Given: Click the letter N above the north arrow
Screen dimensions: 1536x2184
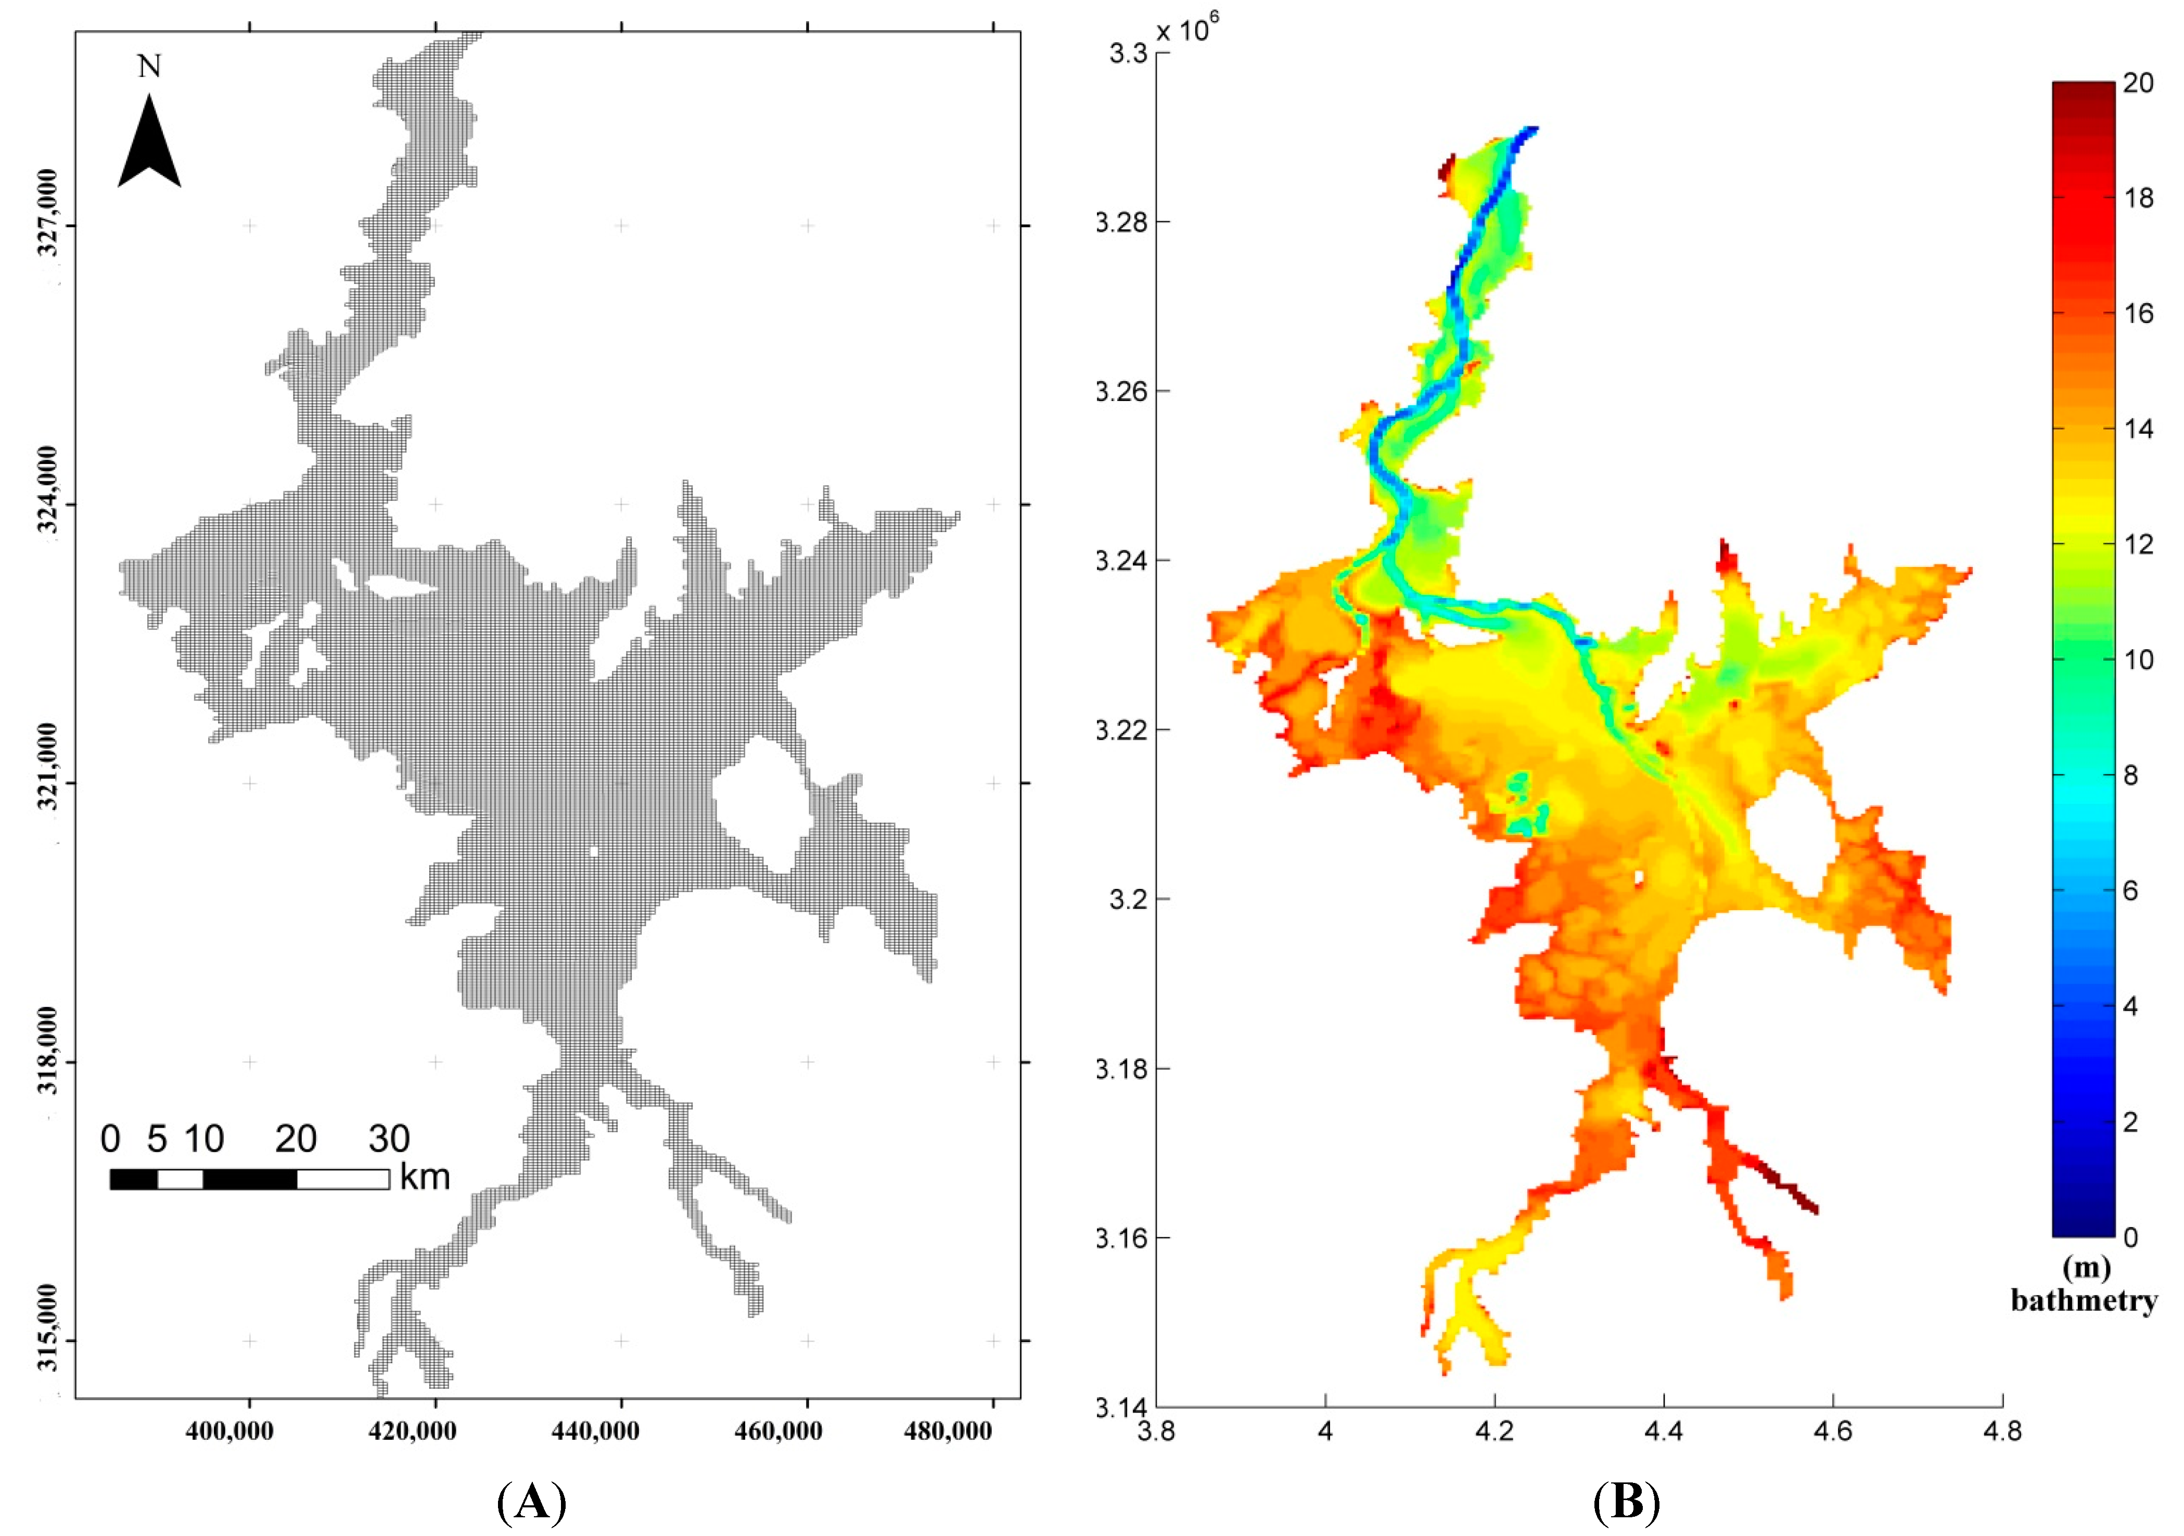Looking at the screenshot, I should [x=149, y=67].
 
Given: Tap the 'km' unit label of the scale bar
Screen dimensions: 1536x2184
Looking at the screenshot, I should [x=424, y=1178].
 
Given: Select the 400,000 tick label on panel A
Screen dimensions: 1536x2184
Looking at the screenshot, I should [x=229, y=1430].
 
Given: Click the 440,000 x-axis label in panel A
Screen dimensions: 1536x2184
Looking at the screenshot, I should [x=595, y=1430].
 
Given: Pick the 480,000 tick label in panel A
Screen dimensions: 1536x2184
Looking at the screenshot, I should [x=948, y=1430].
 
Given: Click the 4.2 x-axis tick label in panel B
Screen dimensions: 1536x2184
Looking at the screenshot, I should [x=1495, y=1430].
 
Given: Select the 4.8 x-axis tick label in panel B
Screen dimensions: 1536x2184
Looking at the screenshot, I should [x=2002, y=1430].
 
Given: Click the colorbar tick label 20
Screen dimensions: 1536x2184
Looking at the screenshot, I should [x=2138, y=84].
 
